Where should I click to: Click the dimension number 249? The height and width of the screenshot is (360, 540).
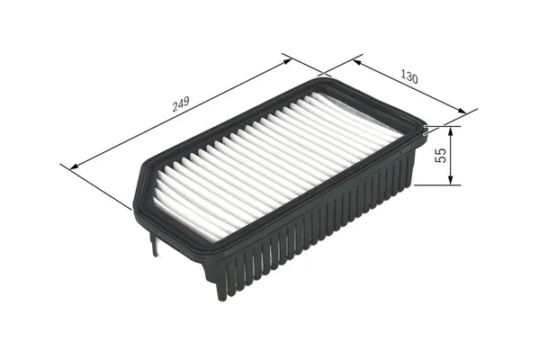pos(181,104)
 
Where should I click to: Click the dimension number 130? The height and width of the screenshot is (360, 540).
pos(409,76)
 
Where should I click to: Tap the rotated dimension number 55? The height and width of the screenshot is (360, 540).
pos(441,155)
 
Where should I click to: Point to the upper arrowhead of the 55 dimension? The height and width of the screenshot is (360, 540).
pos(451,131)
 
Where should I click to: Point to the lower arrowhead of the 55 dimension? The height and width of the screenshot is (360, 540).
pos(451,179)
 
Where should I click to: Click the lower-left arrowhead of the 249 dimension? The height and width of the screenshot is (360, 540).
pos(75,166)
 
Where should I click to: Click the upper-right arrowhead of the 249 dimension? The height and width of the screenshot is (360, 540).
pos(286,61)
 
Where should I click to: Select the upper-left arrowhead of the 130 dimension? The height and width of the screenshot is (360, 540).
pos(357,62)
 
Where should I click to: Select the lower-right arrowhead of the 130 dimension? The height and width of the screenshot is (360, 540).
pos(461,110)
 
